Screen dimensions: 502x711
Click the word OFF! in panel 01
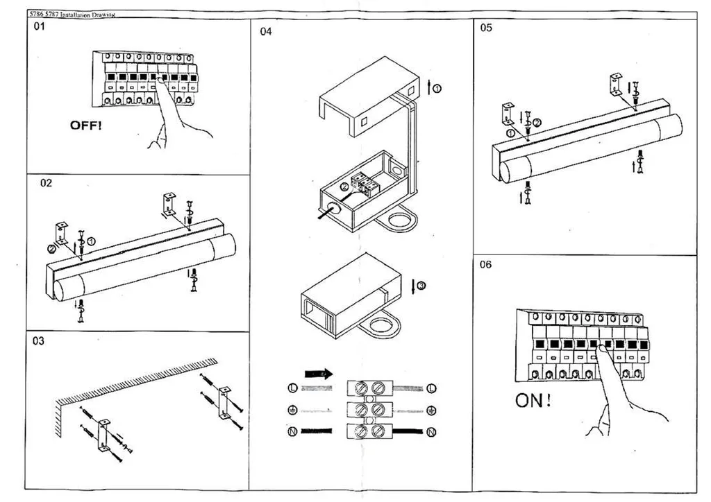click(x=85, y=125)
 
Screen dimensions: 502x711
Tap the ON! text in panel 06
click(x=533, y=400)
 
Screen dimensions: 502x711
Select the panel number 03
click(x=40, y=341)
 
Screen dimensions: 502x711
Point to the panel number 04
click(x=266, y=31)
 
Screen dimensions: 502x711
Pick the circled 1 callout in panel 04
click(x=437, y=87)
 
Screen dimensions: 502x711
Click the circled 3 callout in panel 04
click(x=421, y=285)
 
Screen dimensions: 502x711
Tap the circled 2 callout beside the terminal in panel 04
click(x=344, y=187)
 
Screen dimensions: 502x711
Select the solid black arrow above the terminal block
click(x=319, y=373)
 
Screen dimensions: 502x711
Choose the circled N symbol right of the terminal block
click(x=432, y=432)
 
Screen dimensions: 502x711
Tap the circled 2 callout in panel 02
click(x=51, y=248)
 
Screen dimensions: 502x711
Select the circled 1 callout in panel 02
click(x=92, y=241)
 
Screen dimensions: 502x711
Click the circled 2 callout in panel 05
click(x=537, y=123)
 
